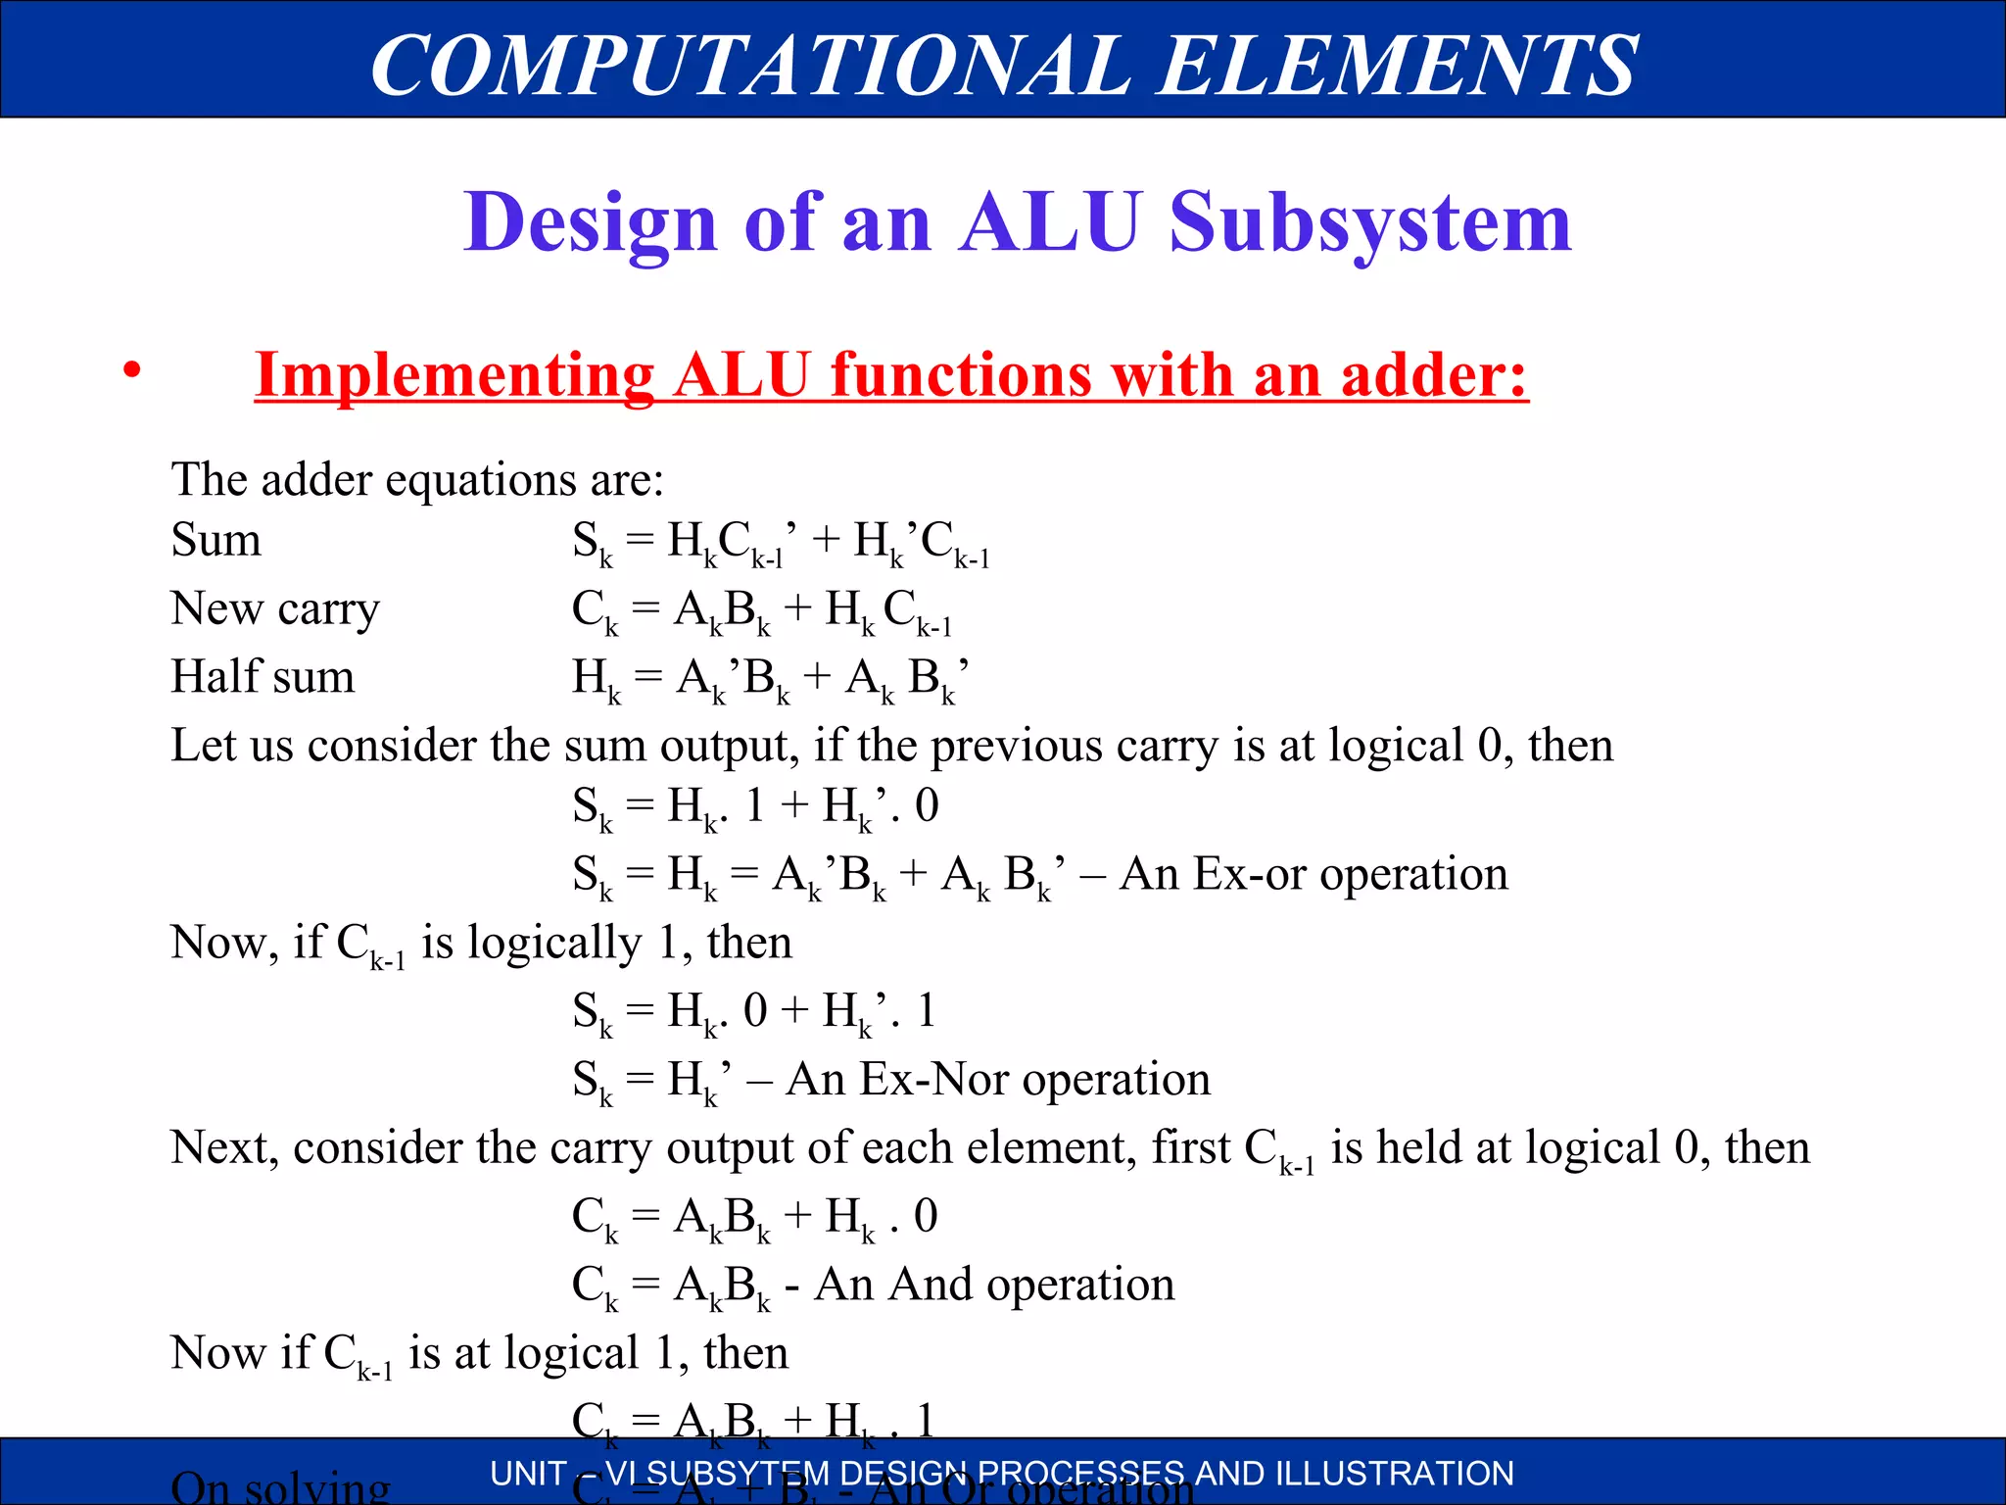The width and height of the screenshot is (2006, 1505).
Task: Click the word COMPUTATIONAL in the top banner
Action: point(750,65)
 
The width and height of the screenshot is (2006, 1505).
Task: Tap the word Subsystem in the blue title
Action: point(1370,223)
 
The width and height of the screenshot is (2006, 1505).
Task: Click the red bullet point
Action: point(132,371)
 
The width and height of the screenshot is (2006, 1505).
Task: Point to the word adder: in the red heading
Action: point(1434,375)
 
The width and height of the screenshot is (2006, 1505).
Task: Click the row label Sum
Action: point(216,540)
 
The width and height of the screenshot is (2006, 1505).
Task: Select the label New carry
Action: point(275,608)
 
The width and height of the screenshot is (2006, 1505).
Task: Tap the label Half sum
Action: point(263,676)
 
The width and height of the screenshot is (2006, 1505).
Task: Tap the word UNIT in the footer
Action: point(529,1474)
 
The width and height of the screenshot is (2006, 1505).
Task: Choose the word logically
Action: point(554,943)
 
